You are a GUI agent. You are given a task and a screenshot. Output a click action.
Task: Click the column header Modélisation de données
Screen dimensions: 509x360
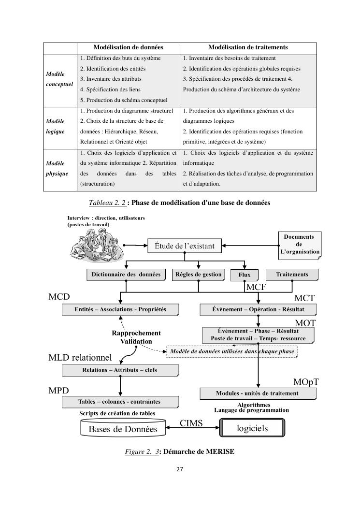(x=128, y=47)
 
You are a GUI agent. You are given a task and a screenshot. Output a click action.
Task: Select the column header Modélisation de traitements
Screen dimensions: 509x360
(x=248, y=47)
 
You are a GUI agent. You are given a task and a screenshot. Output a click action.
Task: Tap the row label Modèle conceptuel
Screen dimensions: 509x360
(x=59, y=79)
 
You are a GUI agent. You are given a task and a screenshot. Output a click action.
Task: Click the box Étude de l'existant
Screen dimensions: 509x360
(x=184, y=246)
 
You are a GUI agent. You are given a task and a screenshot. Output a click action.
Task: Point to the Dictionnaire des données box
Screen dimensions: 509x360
(x=126, y=275)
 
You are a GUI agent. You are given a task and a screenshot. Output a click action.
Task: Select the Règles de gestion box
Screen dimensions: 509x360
(x=199, y=275)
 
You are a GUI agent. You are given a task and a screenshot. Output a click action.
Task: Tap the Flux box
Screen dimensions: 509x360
(x=244, y=275)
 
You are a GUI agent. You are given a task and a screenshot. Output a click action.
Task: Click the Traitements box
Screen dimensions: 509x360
(x=292, y=275)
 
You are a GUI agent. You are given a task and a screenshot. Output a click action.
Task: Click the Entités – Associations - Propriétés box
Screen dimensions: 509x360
(x=120, y=309)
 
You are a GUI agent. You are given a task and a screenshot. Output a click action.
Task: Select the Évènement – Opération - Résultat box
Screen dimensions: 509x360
(x=258, y=309)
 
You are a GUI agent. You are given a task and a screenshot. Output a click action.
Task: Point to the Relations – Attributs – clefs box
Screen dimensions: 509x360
(x=120, y=370)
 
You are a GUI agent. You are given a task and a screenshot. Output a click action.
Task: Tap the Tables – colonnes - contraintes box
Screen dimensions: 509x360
(x=120, y=402)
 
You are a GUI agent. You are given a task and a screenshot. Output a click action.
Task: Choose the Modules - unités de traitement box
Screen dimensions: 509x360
(x=257, y=393)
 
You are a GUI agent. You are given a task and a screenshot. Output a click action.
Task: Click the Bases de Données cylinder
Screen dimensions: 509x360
(x=123, y=428)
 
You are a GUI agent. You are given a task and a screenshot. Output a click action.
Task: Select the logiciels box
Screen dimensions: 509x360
(x=252, y=428)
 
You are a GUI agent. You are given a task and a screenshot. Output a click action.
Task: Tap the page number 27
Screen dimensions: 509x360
(x=180, y=468)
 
